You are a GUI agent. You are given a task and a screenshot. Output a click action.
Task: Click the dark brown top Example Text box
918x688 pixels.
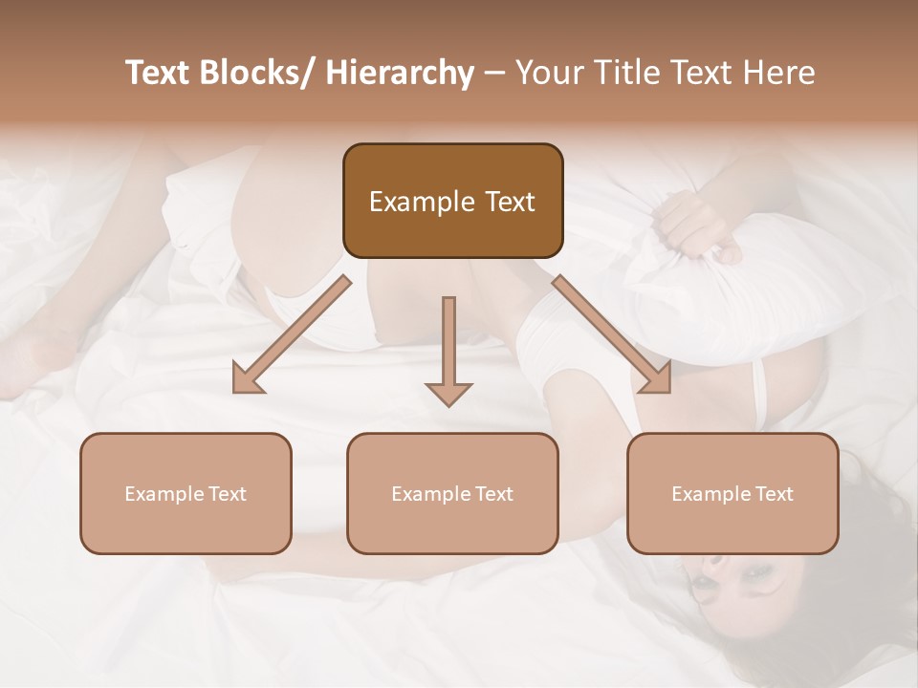(x=452, y=201)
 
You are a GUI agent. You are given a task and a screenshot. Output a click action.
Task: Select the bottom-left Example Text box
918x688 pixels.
(x=186, y=493)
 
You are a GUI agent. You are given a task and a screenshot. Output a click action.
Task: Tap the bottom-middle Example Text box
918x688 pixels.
(x=452, y=493)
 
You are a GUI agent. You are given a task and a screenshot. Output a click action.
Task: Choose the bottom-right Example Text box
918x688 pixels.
(x=732, y=493)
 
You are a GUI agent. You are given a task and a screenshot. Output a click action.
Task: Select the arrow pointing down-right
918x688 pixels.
(x=612, y=333)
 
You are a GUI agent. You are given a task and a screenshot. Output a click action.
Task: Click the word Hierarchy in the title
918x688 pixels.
(x=400, y=73)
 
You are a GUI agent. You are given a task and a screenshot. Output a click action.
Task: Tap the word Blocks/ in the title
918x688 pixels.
(x=256, y=73)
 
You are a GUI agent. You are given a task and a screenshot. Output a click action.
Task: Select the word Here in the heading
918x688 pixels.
(x=781, y=73)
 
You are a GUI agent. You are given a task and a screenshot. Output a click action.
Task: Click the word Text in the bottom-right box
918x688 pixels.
(x=774, y=493)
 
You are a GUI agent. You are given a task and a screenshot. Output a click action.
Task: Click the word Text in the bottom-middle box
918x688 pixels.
(x=493, y=493)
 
